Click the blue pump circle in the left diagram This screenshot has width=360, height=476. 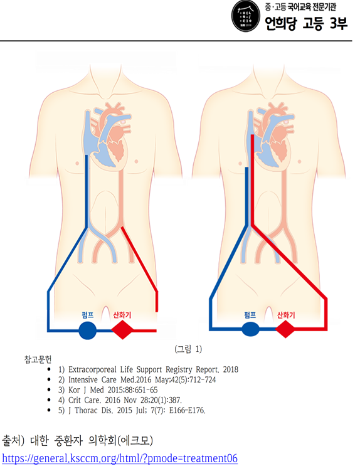pyautogui.click(x=87, y=331)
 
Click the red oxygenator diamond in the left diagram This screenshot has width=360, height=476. pyautogui.click(x=122, y=330)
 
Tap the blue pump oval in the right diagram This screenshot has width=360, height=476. pyautogui.click(x=250, y=329)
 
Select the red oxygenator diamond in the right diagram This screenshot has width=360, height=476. pyautogui.click(x=285, y=329)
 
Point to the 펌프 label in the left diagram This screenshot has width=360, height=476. pyautogui.click(x=88, y=314)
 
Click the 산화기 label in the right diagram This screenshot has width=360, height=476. pyautogui.click(x=286, y=315)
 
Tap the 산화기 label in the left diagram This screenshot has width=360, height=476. pyautogui.click(x=122, y=315)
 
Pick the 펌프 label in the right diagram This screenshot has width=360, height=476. pyautogui.click(x=250, y=315)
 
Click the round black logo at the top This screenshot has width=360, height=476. pyautogui.click(x=246, y=16)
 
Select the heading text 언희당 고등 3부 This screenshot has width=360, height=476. pyautogui.click(x=306, y=23)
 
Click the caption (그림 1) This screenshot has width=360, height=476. pyautogui.click(x=188, y=349)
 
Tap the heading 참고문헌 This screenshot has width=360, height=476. pyautogui.click(x=38, y=359)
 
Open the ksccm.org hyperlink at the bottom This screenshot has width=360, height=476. pyautogui.click(x=120, y=458)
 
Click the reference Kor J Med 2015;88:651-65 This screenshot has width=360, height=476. pyautogui.click(x=108, y=390)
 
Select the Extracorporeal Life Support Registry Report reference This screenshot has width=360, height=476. pyautogui.click(x=148, y=369)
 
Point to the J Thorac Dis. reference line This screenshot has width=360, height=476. pyautogui.click(x=132, y=410)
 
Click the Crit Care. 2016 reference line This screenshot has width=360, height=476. pyautogui.click(x=120, y=400)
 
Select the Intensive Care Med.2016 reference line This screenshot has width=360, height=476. pyautogui.click(x=137, y=380)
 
